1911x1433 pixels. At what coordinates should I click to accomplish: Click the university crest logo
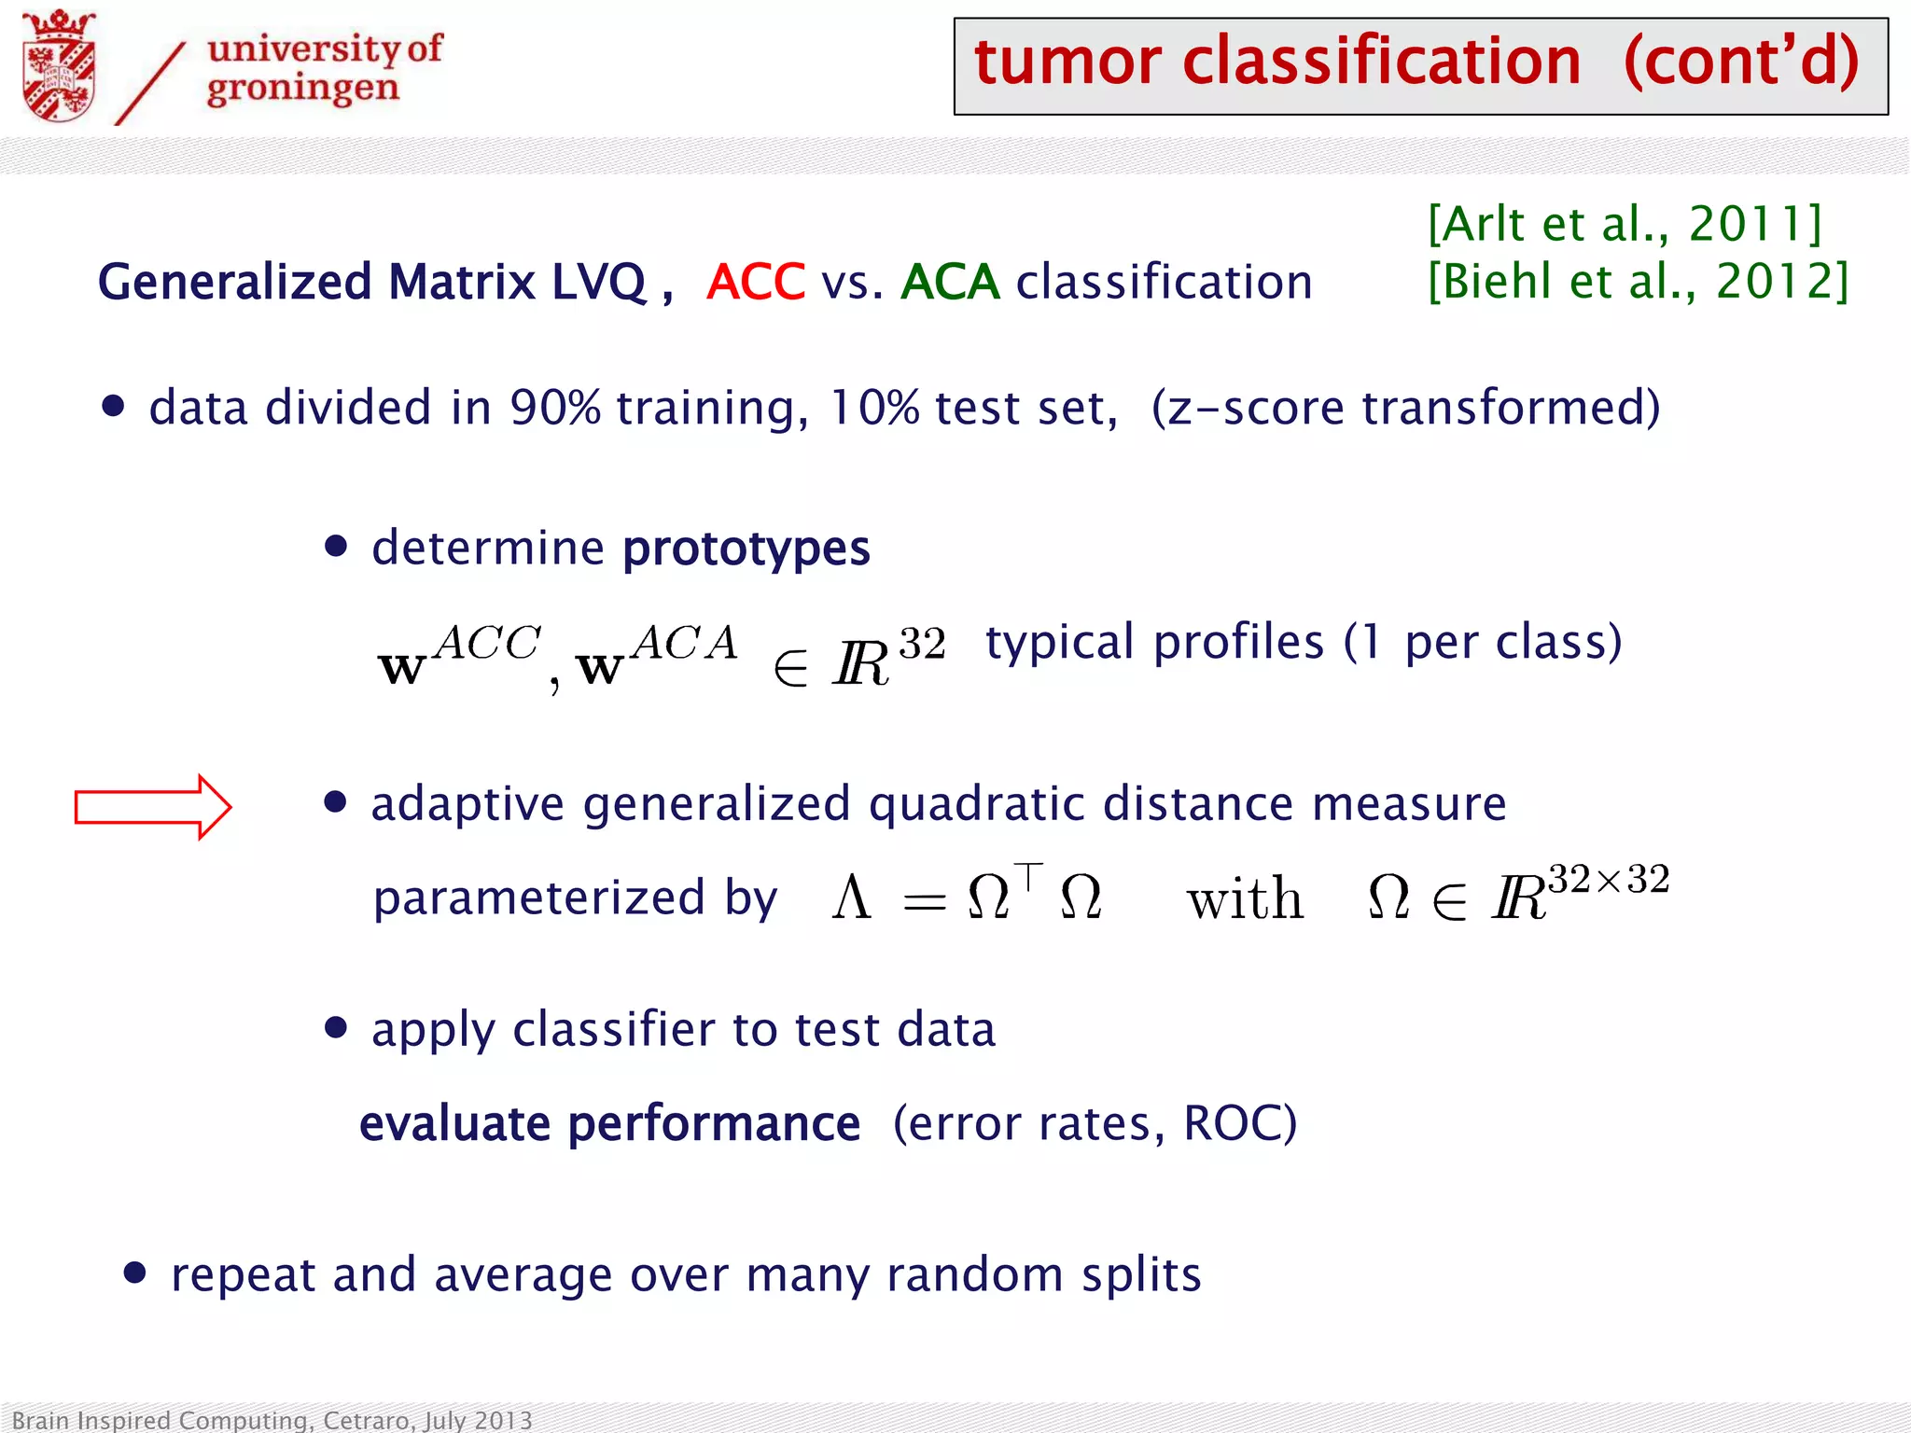point(59,67)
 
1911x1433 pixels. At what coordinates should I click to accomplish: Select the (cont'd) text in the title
point(1741,62)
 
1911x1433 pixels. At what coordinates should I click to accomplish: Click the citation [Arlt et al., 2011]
point(1624,224)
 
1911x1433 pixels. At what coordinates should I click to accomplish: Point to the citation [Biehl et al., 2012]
point(1638,281)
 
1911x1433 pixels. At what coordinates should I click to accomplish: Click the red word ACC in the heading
point(756,282)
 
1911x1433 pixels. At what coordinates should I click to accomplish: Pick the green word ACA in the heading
point(950,282)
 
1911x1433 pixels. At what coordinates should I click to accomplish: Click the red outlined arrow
point(153,807)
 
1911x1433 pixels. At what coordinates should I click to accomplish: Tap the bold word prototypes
point(746,549)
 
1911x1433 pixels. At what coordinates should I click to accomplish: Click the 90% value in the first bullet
point(555,408)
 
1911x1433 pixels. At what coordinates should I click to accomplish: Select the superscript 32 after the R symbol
point(922,644)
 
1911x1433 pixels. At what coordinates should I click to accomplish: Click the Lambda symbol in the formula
point(851,898)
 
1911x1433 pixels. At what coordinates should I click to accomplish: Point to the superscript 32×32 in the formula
point(1609,879)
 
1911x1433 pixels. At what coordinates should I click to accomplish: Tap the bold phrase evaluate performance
point(609,1123)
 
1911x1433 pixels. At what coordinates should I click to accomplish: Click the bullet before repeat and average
point(135,1273)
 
